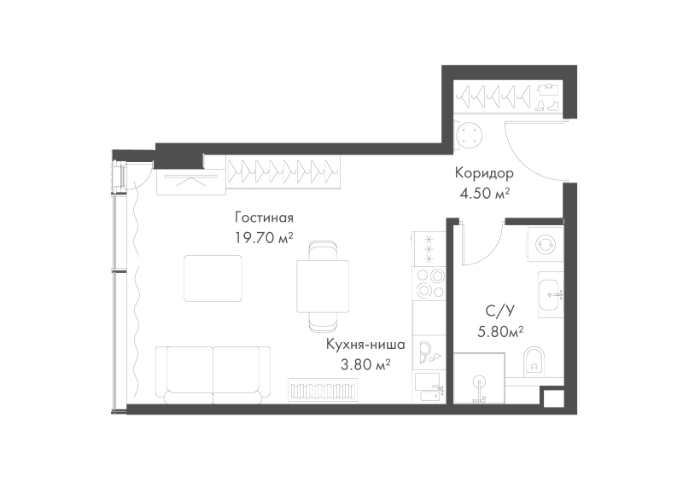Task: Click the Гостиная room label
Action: (264, 217)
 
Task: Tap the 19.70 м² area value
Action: (264, 238)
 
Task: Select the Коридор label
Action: (484, 173)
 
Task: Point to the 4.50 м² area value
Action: (485, 193)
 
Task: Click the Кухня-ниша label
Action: (366, 345)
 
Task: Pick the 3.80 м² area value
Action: (365, 364)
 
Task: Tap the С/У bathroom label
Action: (500, 311)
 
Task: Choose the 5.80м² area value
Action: (500, 332)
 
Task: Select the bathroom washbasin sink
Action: (551, 295)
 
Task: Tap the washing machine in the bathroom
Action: (546, 244)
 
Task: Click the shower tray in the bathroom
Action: (479, 379)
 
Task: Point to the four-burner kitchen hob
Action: (429, 283)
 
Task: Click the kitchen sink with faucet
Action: (429, 387)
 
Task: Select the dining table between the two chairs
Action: (323, 286)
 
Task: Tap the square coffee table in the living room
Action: (213, 279)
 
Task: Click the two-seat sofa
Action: (213, 375)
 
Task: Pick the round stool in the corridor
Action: (470, 135)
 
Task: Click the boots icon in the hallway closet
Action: (548, 106)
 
